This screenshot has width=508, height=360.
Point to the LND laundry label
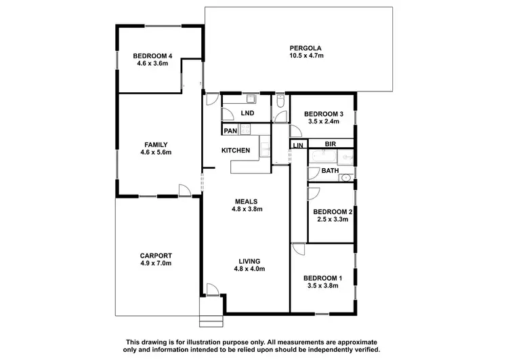coord(247,113)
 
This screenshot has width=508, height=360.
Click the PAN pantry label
coord(230,129)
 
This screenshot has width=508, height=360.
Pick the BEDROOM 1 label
coord(322,278)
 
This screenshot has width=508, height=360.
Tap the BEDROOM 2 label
coord(332,212)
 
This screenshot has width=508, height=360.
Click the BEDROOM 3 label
coord(323,113)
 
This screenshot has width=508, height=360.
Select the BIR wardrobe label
coord(331,144)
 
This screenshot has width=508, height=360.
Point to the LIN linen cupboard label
coord(298,145)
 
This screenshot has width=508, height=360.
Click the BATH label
coord(330,171)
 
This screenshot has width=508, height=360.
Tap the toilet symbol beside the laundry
coord(280,104)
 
